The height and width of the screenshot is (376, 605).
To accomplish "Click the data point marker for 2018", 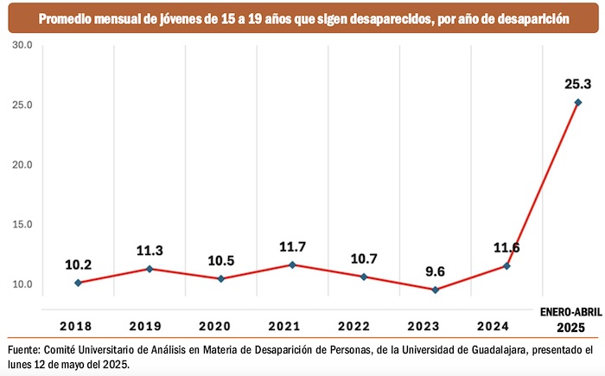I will [79, 283].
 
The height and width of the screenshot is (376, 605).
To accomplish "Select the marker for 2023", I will [435, 290].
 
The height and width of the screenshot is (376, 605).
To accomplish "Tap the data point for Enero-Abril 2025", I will [578, 103].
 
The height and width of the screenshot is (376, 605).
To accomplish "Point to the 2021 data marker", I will [292, 264].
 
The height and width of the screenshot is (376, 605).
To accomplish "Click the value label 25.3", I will [577, 84].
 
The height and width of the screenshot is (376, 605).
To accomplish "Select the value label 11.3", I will [150, 252].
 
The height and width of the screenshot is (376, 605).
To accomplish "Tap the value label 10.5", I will [220, 261].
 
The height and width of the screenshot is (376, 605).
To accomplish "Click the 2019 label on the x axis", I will [150, 327].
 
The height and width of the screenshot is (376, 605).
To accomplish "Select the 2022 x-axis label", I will [363, 327].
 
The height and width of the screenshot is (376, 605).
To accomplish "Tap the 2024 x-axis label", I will [506, 327].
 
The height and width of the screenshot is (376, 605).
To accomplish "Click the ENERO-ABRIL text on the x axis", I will [570, 312].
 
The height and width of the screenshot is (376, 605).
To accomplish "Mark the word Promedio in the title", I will [62, 16].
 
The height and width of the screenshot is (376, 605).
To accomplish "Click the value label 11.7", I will [292, 246].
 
